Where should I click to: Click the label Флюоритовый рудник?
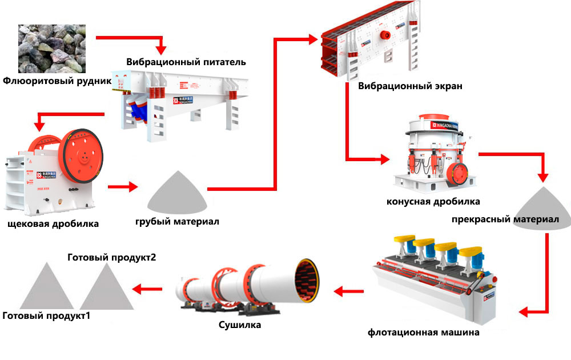tap(57, 81)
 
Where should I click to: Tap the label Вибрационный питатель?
tap(186, 62)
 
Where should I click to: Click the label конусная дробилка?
tap(433, 201)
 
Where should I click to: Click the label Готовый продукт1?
tap(47, 315)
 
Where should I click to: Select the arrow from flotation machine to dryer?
tap(348, 292)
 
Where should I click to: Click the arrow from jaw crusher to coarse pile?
tap(123, 187)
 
